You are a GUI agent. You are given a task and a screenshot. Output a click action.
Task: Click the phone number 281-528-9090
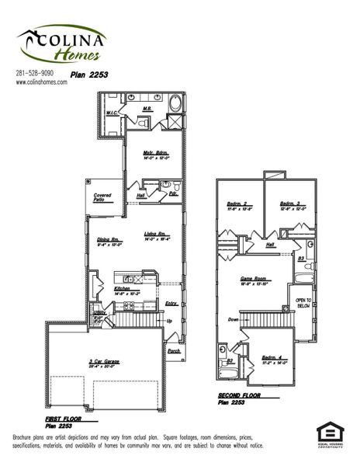click(36, 72)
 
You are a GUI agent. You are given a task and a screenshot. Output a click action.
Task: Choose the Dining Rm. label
click(107, 240)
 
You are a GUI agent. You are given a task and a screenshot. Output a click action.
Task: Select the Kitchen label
click(125, 290)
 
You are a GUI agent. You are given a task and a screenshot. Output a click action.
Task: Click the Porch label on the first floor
click(175, 350)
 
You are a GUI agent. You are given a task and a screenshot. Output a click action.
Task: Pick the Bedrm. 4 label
click(275, 358)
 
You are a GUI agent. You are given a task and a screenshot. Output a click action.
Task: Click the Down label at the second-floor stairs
click(234, 319)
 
